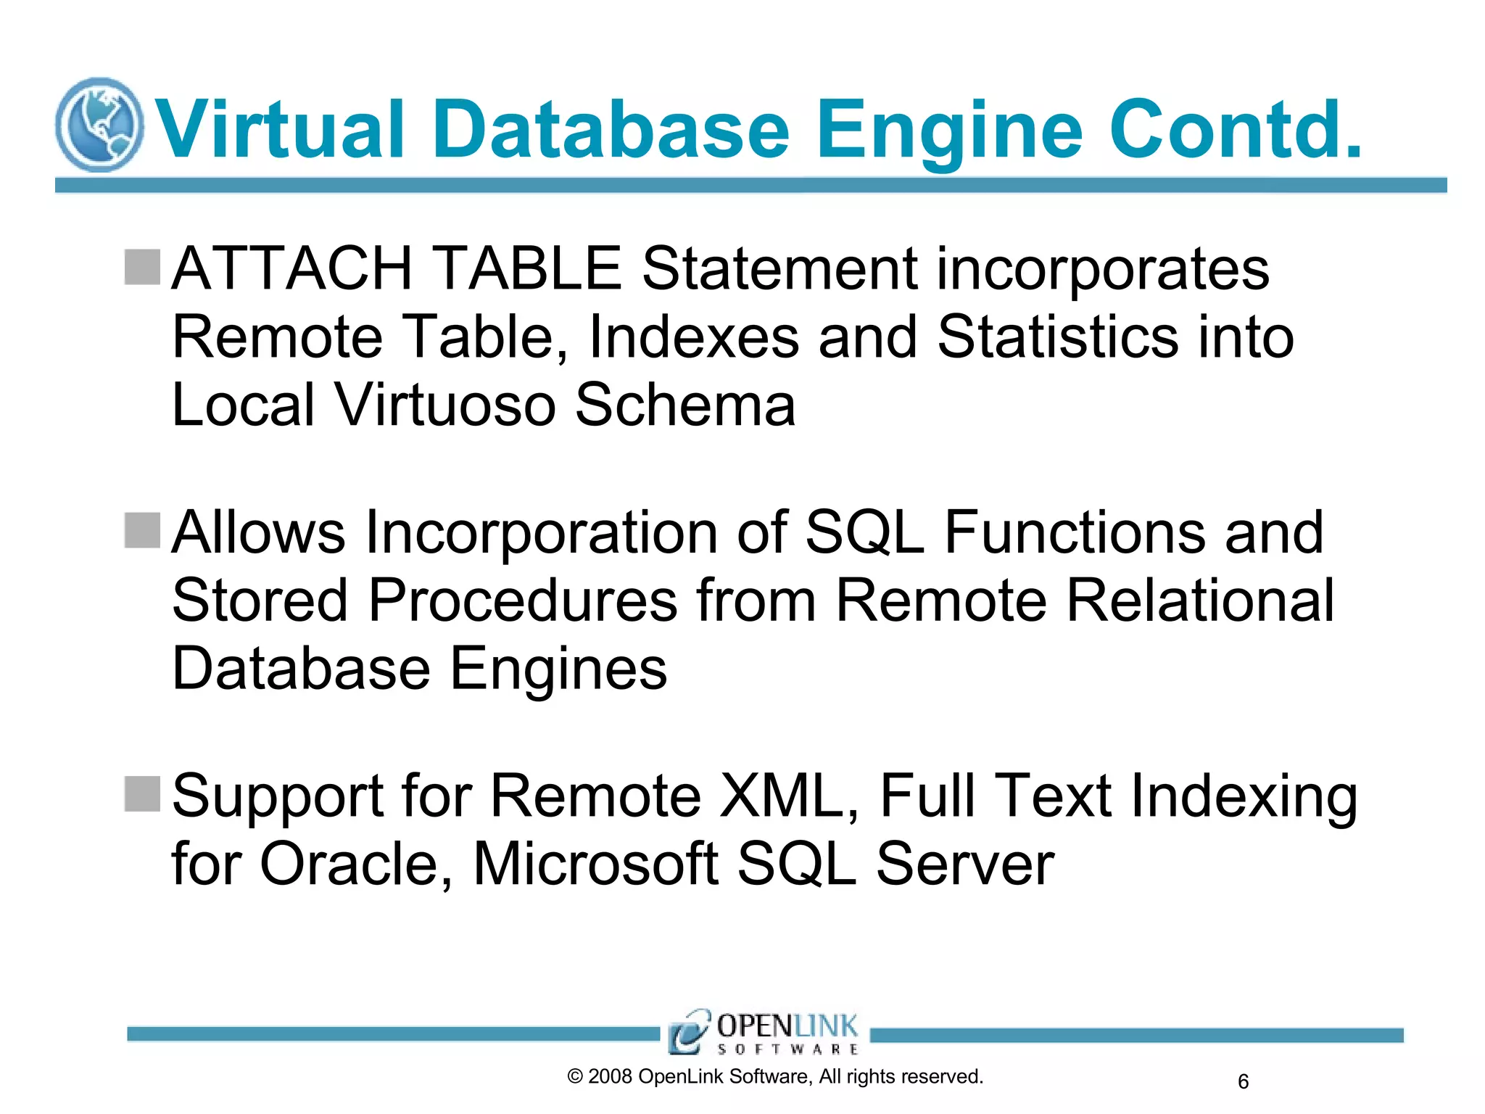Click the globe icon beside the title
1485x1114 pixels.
(99, 125)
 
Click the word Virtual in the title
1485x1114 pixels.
(280, 129)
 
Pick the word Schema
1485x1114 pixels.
(685, 405)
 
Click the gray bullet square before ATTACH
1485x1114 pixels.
(142, 267)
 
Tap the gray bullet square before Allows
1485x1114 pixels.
(142, 531)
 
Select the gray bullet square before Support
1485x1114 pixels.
(142, 793)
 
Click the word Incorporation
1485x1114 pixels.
(541, 534)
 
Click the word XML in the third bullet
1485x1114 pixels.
(787, 796)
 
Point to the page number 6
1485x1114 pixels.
(1243, 1081)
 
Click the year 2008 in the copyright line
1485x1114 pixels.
(610, 1076)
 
